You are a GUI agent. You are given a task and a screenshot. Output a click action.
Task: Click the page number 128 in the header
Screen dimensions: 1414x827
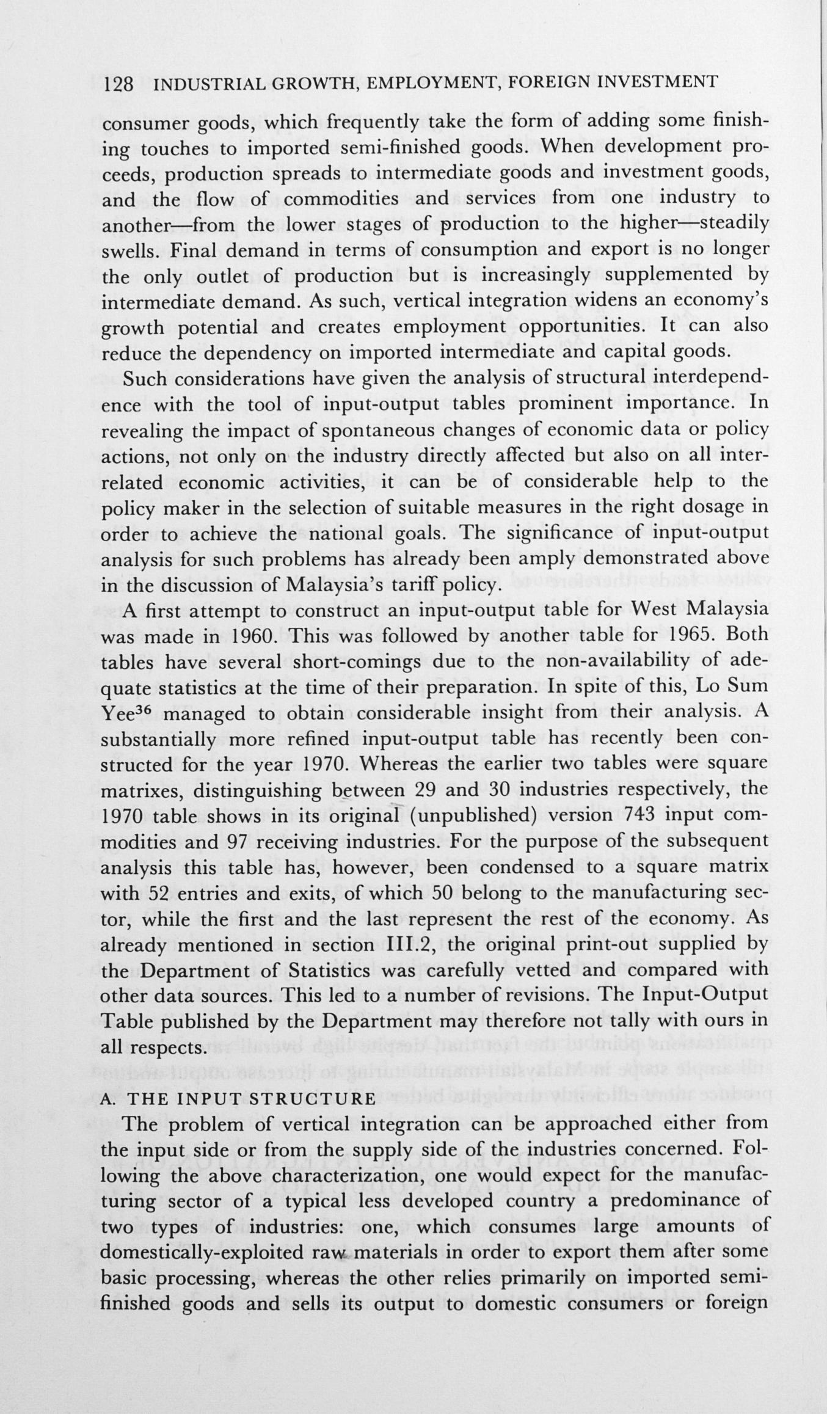click(119, 84)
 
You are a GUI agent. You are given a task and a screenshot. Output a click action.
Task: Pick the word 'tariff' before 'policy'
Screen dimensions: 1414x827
click(431, 585)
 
